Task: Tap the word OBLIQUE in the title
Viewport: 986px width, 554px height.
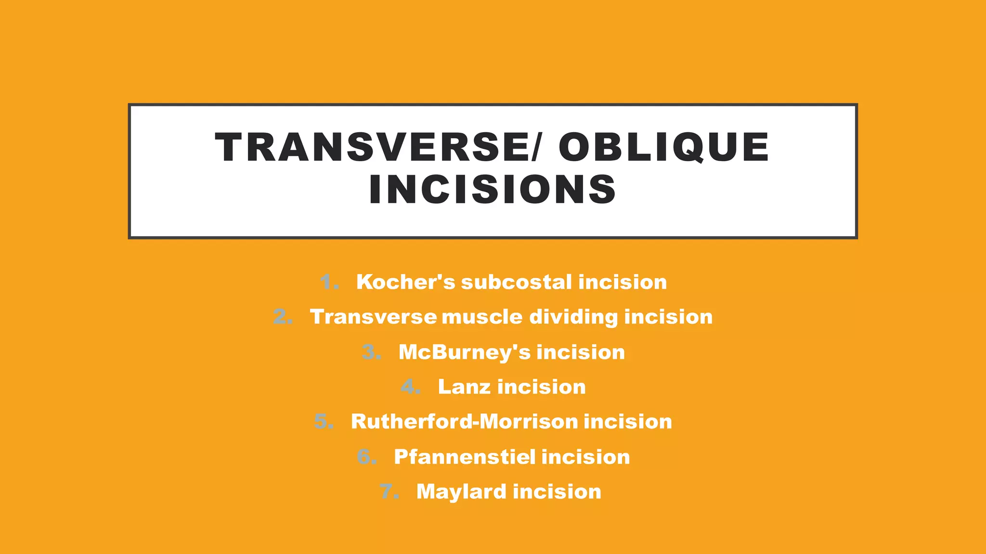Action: (x=663, y=147)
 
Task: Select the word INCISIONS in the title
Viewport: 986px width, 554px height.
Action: (x=493, y=189)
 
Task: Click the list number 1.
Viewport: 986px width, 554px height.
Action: (x=329, y=282)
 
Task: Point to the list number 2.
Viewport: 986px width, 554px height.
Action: (x=283, y=317)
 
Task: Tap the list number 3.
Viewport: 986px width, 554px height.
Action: (x=371, y=352)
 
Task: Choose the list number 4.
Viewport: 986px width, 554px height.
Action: (x=411, y=387)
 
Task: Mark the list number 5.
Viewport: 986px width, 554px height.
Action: (x=324, y=422)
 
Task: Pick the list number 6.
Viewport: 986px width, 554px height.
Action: (x=367, y=457)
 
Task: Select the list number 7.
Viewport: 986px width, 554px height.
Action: (x=389, y=491)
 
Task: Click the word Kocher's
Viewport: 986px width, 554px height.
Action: (x=405, y=282)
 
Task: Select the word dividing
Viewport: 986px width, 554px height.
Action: (x=573, y=317)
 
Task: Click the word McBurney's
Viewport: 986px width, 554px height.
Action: (x=464, y=353)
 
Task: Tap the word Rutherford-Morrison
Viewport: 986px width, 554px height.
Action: (x=464, y=422)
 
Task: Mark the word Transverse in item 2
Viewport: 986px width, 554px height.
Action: (x=374, y=317)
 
